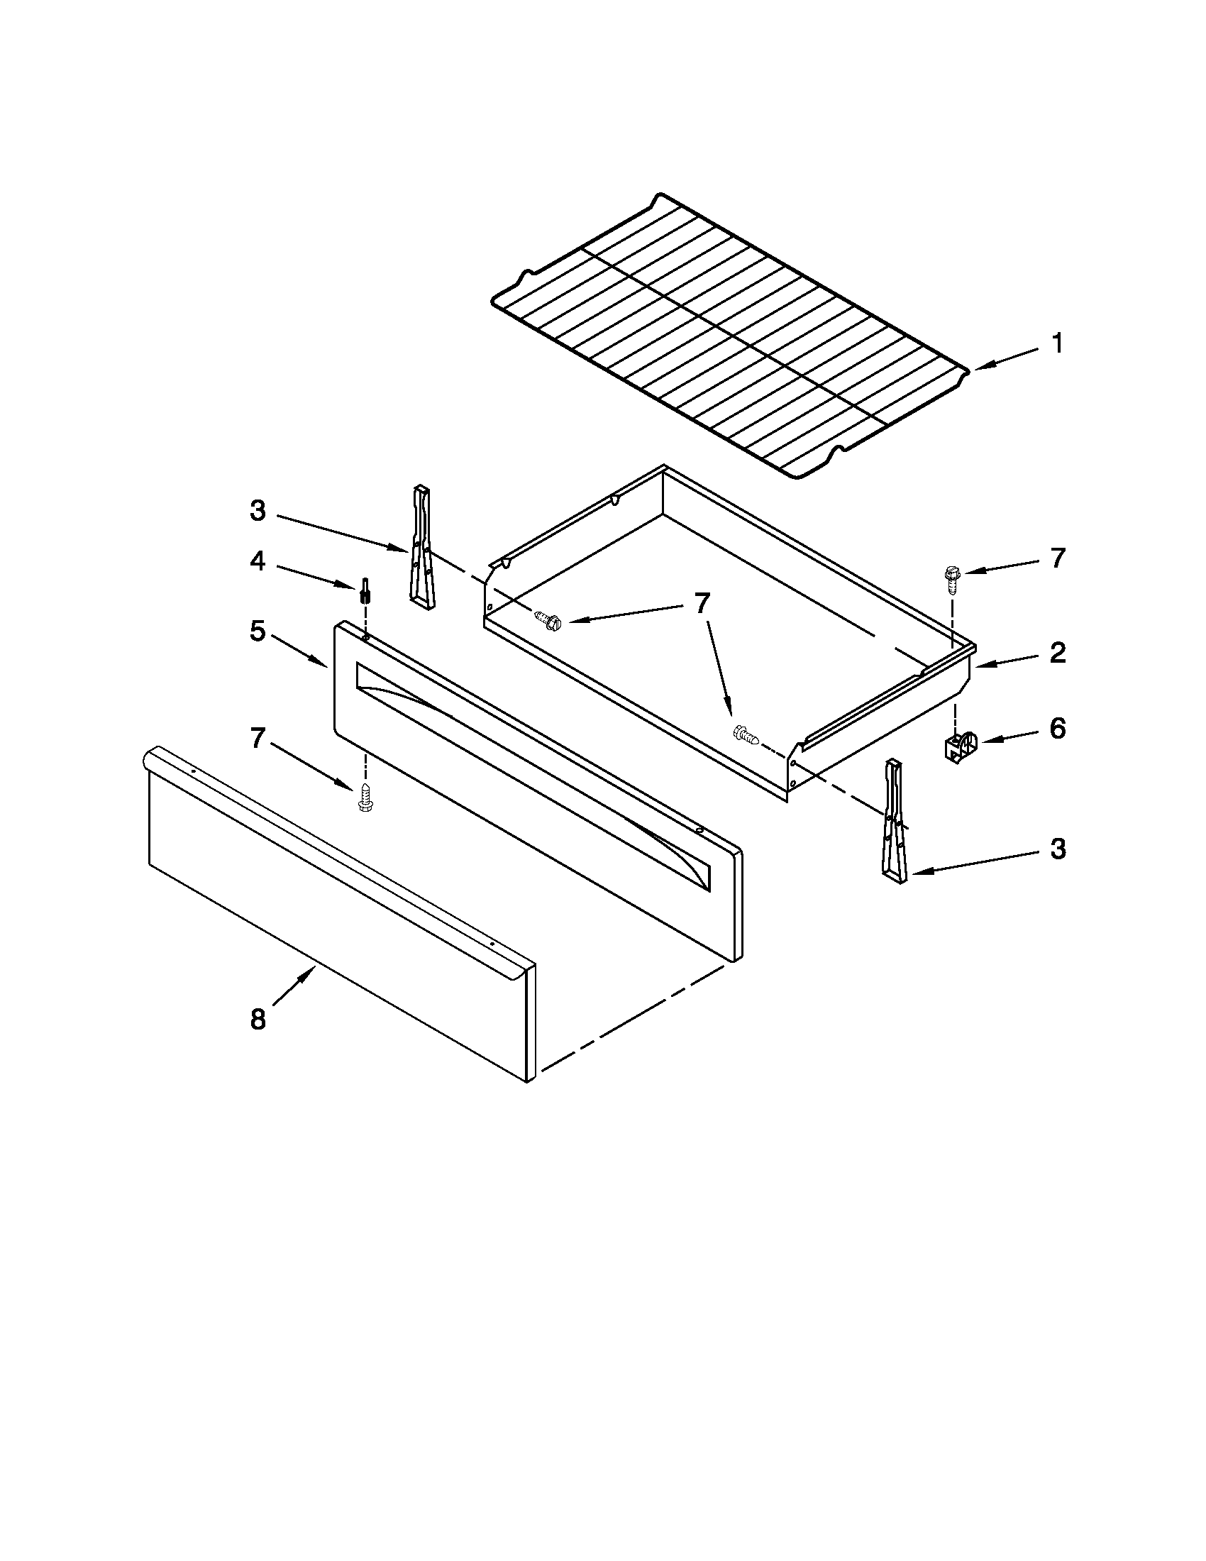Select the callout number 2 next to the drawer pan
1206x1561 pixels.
pos(1058,653)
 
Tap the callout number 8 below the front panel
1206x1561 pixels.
pos(258,1020)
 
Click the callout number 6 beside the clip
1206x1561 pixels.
pos(1058,729)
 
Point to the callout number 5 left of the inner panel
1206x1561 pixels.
pos(258,631)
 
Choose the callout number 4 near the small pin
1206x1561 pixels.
pos(258,561)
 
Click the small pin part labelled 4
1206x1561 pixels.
pos(365,590)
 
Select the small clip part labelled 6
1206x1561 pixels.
pos(958,747)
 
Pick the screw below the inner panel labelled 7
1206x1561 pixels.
pos(365,797)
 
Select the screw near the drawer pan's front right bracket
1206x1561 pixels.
pos(746,734)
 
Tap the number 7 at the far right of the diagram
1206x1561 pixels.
pos(1058,558)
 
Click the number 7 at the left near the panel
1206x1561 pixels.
pos(258,739)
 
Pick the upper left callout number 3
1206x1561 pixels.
pos(258,511)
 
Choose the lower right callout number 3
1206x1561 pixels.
pos(1058,849)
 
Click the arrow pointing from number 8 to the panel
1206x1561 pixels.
pos(293,986)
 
